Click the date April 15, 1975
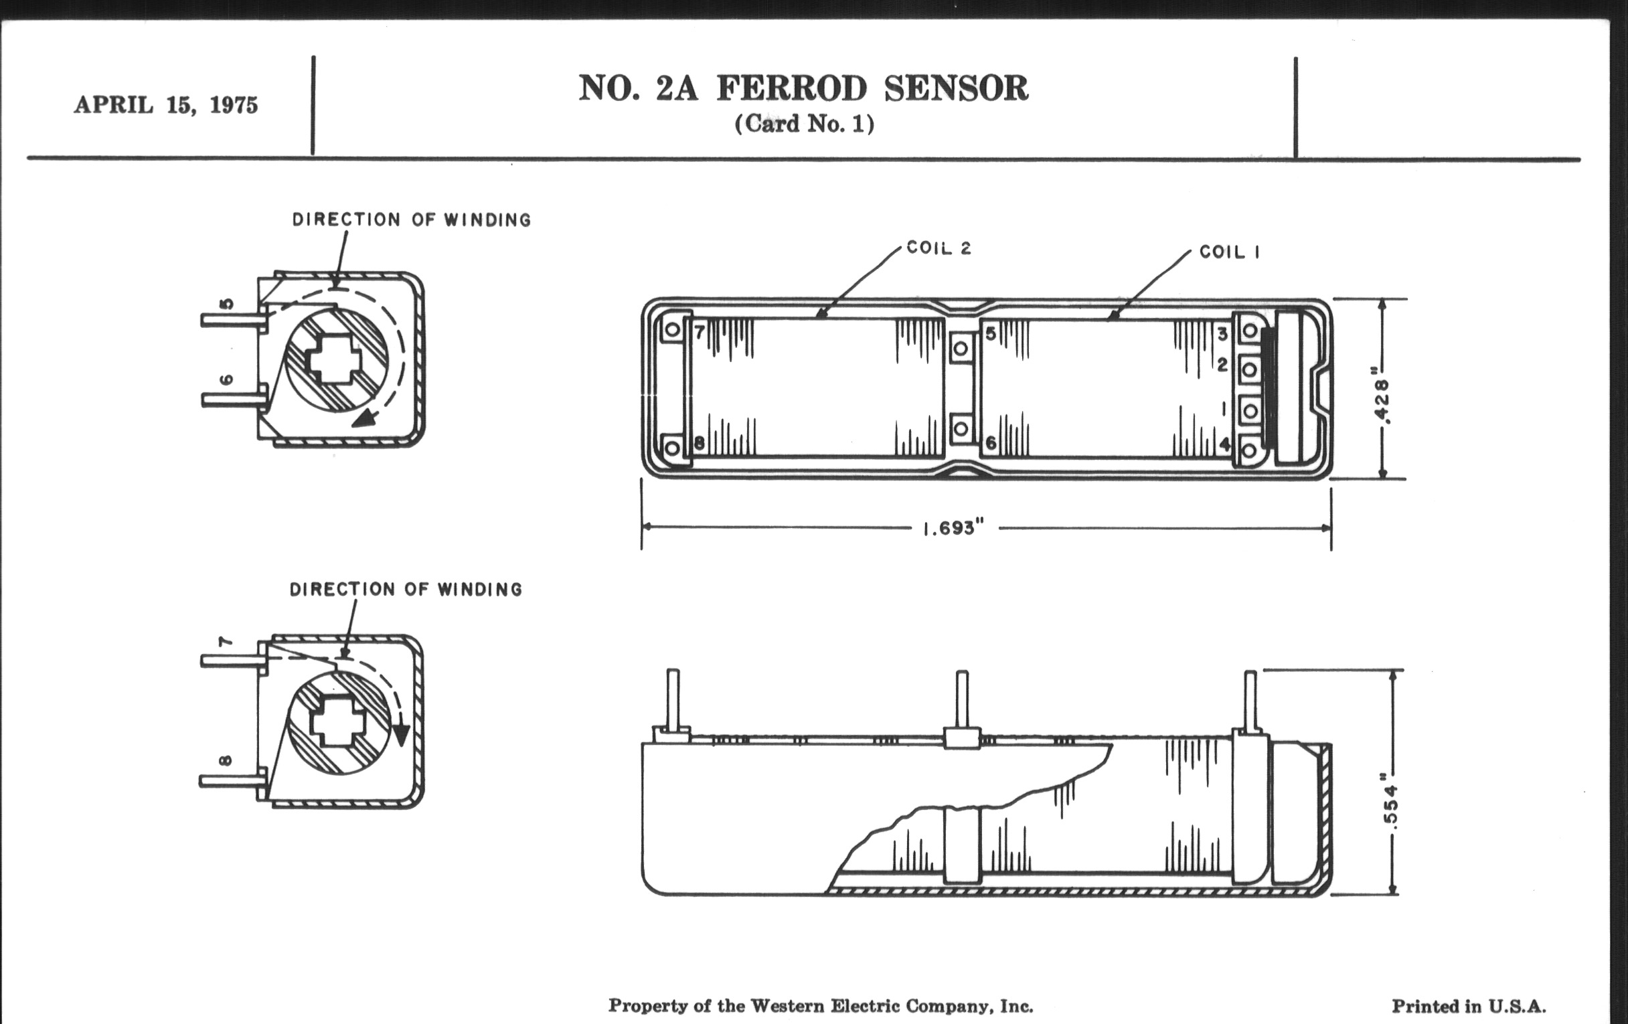pos(165,106)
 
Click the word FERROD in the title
pos(792,88)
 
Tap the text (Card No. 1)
pos(804,124)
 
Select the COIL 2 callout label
pos(939,248)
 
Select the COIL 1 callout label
pos(1229,252)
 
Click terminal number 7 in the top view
pos(700,331)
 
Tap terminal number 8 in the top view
pos(700,443)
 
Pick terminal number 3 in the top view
pos(1222,333)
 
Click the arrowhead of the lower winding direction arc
pos(402,736)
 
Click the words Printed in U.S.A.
pos(1469,1007)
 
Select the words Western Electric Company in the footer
pos(872,1006)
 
